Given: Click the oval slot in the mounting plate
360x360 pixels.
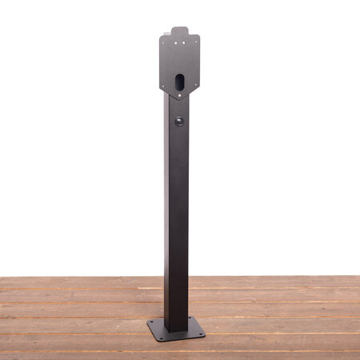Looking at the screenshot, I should point(179,82).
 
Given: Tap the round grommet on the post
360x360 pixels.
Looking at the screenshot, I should point(178,122).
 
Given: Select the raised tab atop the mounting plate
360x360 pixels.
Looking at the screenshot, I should point(179,31).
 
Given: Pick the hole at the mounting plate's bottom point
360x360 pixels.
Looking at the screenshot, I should point(179,96).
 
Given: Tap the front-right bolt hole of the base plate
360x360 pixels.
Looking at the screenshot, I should point(200,332).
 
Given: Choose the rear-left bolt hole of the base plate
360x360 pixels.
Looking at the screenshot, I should point(152,322).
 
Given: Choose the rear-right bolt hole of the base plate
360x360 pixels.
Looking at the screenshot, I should point(192,319).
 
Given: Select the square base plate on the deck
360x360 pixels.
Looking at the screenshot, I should point(177,329).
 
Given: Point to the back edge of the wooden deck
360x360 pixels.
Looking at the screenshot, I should point(80,278).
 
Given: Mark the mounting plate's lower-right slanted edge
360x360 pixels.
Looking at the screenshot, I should point(192,89).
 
